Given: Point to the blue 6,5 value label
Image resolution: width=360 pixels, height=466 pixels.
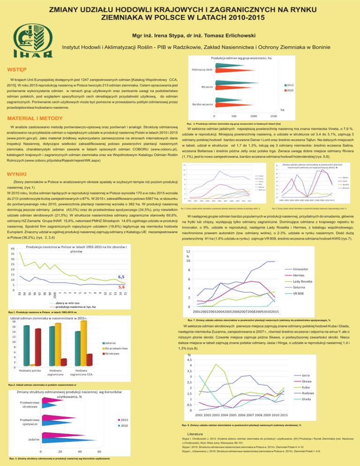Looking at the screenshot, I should point(121,277).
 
